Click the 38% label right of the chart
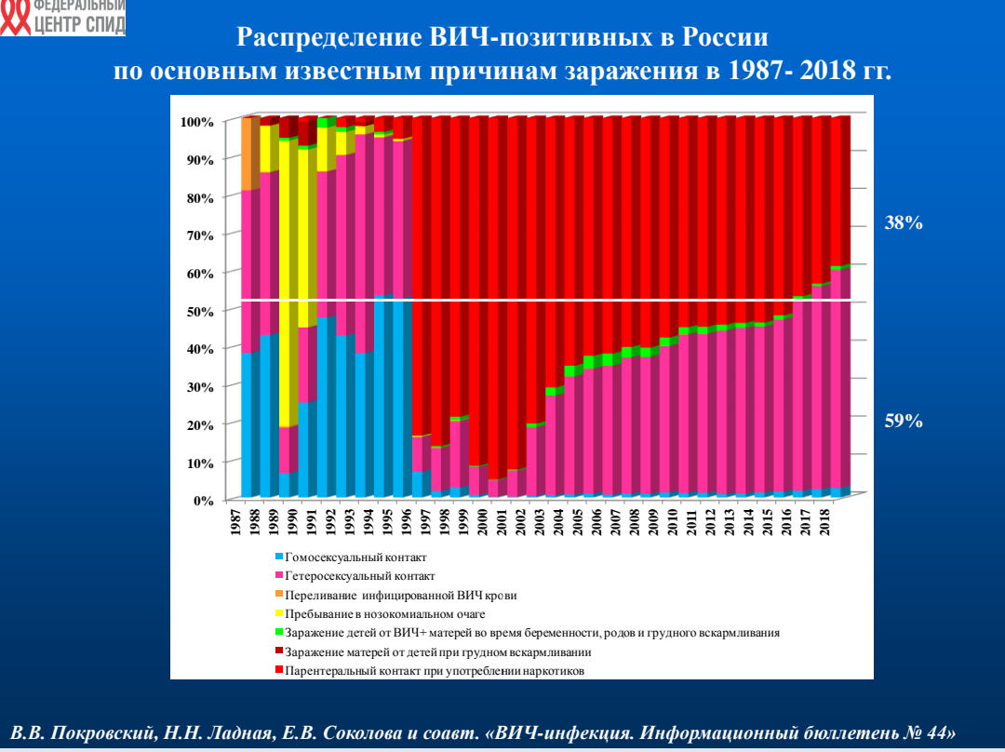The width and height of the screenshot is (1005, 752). coord(903,222)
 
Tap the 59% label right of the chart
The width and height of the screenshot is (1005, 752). coord(903,422)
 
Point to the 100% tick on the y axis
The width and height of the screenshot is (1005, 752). coord(197,122)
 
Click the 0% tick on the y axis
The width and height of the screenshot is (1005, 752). coord(204,500)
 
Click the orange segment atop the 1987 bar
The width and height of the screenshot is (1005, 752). coord(249,154)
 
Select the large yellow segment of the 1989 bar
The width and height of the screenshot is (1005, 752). coord(288,279)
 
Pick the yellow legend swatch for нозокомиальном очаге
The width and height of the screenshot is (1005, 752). coord(279,614)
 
